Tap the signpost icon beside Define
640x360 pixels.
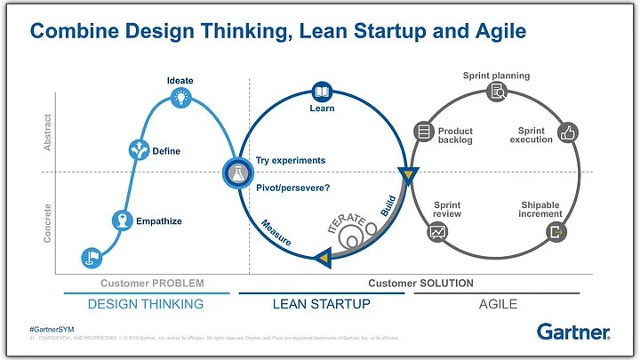139,149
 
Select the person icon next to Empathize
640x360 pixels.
122,220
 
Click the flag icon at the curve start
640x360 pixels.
91,257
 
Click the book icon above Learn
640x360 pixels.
321,92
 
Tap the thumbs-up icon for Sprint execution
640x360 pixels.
568,134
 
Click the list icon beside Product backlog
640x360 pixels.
423,132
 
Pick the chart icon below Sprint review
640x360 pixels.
437,232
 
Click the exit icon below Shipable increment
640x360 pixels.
557,232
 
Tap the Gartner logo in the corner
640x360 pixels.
573,332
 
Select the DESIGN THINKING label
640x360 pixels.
146,304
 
